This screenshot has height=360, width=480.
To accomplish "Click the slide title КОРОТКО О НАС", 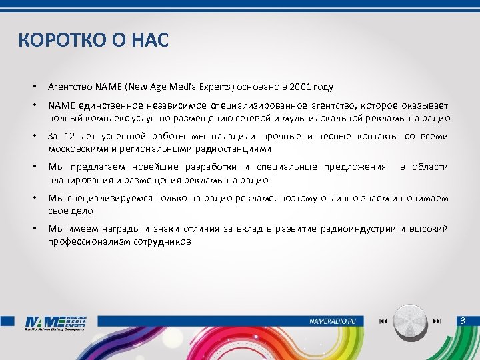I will pyautogui.click(x=94, y=41).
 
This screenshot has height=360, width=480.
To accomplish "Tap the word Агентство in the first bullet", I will pyautogui.click(x=70, y=87).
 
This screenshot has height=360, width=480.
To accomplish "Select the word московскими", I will pyautogui.click(x=77, y=149).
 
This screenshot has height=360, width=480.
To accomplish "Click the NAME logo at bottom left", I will pyautogui.click(x=55, y=322).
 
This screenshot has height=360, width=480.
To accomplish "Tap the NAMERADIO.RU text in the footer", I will pyautogui.click(x=333, y=321).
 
